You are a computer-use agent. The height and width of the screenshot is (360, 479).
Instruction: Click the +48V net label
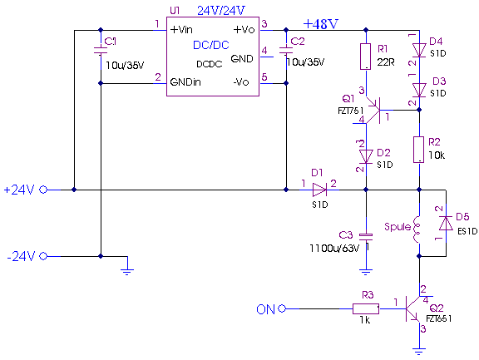[321, 24]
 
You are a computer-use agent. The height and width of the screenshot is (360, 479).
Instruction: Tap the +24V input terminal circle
[43, 190]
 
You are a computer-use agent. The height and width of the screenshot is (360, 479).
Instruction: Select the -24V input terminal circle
[43, 256]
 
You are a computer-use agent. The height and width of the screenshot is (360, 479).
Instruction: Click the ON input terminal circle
[282, 308]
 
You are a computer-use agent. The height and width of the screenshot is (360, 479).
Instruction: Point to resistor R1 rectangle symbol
[366, 57]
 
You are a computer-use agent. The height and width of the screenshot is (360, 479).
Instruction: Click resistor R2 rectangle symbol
[419, 150]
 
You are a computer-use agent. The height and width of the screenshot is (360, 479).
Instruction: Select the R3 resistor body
[366, 308]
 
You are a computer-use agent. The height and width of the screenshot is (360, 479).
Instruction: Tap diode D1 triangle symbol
[319, 190]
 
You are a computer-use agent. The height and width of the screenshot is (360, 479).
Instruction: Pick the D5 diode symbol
[446, 223]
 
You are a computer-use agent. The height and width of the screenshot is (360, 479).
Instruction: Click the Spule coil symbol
[417, 229]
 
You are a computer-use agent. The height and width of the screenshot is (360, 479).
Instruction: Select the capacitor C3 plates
[366, 235]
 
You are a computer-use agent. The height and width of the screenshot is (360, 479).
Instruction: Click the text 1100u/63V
[334, 249]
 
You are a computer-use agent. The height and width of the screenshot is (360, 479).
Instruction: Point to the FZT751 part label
[351, 111]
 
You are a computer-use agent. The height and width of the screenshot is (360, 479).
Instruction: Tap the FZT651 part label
[439, 318]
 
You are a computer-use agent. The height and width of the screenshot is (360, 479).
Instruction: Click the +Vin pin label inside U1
[181, 30]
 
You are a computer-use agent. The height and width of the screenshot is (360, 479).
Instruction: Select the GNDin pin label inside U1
[185, 82]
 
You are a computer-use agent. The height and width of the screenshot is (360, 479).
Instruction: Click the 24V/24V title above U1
[221, 11]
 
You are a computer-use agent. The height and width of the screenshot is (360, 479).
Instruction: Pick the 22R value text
[386, 62]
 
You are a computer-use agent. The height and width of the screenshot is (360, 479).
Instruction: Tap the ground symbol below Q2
[419, 351]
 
